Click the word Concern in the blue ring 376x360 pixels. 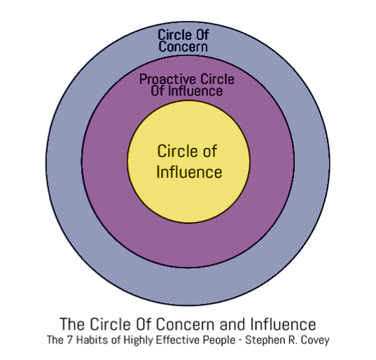coord(183,46)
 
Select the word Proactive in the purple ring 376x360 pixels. coord(167,79)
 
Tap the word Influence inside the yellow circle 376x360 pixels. coord(189,172)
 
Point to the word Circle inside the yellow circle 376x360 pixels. coord(176,151)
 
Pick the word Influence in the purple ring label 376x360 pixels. coord(195,90)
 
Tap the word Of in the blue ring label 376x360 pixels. coord(202,34)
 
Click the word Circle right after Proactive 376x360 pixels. coord(218,79)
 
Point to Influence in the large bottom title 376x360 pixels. coord(283,324)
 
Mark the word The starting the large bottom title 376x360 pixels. coord(72,324)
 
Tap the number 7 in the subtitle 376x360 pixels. coord(69,340)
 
